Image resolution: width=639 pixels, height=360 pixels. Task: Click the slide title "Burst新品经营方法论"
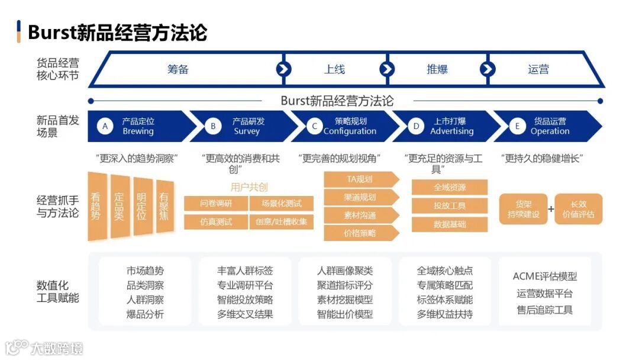click(x=117, y=32)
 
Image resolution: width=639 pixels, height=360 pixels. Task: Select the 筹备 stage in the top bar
click(x=177, y=69)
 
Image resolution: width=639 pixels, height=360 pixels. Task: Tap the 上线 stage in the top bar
click(x=334, y=69)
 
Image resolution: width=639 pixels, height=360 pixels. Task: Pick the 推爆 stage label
click(x=437, y=69)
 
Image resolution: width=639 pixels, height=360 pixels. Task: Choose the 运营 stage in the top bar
click(x=538, y=69)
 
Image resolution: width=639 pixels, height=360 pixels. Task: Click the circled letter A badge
click(x=105, y=126)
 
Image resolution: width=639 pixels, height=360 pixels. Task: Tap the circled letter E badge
click(x=518, y=126)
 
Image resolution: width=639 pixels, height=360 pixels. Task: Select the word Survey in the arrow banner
click(x=247, y=131)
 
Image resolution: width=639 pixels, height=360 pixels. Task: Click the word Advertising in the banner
click(x=452, y=131)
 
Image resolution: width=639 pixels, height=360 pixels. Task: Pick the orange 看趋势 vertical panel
click(x=96, y=206)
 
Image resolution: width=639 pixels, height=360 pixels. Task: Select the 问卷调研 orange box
click(x=216, y=204)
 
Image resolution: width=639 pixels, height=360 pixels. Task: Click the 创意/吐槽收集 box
click(x=282, y=222)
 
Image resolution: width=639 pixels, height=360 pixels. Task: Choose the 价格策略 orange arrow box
click(x=360, y=233)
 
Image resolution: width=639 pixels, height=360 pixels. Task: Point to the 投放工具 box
click(x=450, y=206)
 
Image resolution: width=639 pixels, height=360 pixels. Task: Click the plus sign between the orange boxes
click(x=551, y=209)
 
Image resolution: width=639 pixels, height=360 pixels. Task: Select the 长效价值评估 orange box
click(x=579, y=209)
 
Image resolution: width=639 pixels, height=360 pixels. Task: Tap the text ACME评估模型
click(x=544, y=277)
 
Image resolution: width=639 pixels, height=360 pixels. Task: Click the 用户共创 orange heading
click(x=249, y=187)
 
